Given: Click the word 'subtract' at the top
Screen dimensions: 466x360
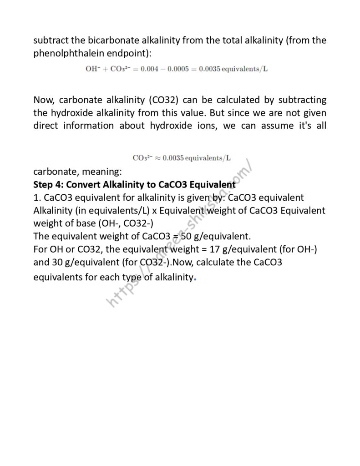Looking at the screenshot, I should click(x=51, y=41).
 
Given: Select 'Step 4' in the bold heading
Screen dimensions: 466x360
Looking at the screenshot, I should click(x=47, y=185).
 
